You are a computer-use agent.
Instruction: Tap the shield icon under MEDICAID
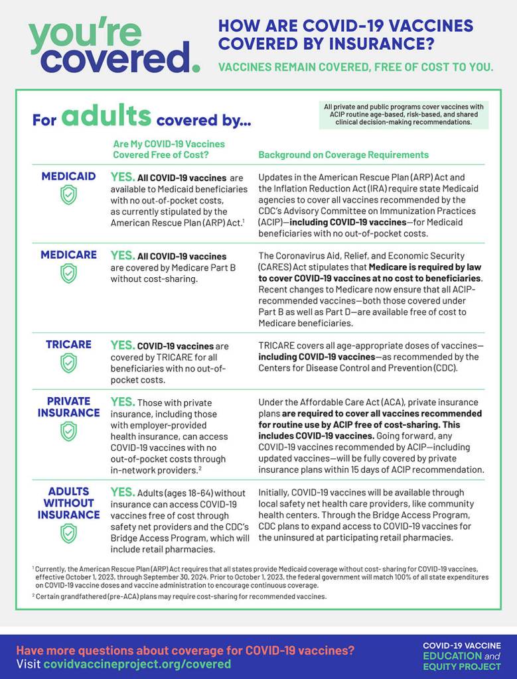point(68,194)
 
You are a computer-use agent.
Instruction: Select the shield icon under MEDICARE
point(68,273)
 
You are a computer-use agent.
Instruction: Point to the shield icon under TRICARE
point(68,363)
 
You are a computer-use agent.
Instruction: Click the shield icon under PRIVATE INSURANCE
point(68,431)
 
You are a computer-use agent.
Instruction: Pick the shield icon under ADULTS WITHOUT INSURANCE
point(68,533)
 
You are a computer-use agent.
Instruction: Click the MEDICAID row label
point(69,176)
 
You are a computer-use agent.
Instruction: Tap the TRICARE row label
point(69,345)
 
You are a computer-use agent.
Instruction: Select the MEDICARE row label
point(69,255)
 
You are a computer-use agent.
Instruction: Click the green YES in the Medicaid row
point(122,177)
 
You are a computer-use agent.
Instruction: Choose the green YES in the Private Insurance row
point(122,402)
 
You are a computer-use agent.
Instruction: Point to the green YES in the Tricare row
point(122,345)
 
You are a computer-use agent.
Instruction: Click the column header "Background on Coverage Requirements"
point(343,154)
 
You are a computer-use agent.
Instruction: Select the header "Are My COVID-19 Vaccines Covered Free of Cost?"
point(169,149)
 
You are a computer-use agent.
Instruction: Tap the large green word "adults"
point(106,117)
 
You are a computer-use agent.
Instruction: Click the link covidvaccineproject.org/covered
point(137,664)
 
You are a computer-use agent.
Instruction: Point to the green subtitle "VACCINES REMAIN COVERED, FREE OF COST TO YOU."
point(356,67)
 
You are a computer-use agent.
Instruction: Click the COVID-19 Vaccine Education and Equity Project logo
point(461,655)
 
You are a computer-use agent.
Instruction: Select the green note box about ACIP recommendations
point(403,114)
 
